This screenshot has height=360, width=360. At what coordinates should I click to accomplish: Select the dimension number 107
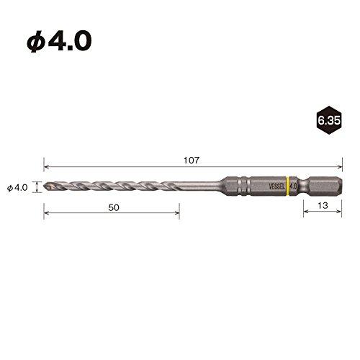(x=190, y=159)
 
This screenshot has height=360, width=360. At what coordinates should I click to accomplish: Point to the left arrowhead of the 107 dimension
(x=46, y=166)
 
